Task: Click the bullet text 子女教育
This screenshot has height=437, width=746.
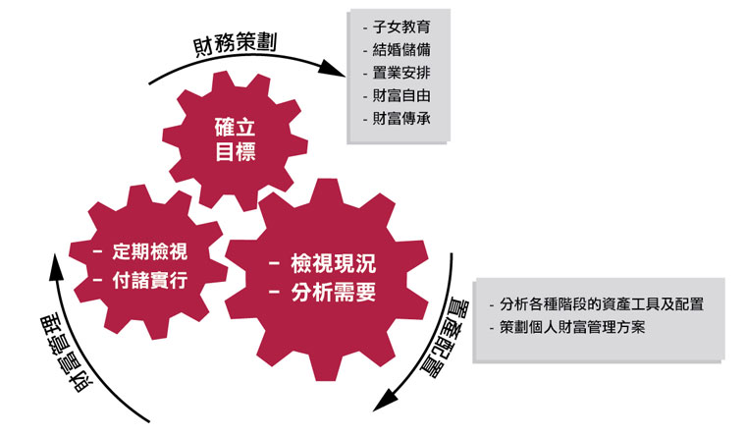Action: click(x=401, y=27)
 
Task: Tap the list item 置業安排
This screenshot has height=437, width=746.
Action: click(x=401, y=73)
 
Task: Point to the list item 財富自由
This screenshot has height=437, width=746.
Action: click(x=401, y=96)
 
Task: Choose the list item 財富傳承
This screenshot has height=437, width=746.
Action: click(x=401, y=119)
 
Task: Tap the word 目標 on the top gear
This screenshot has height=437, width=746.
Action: click(x=237, y=152)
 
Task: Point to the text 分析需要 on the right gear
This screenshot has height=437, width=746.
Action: click(x=334, y=292)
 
